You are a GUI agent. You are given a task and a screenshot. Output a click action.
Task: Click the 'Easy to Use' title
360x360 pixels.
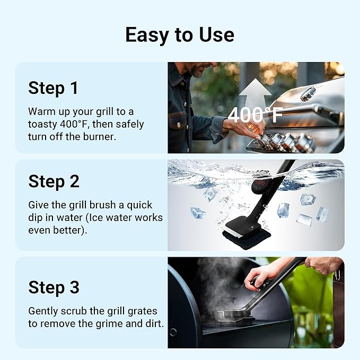(x=180, y=34)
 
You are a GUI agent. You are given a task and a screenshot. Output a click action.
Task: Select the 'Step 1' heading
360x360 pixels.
(x=54, y=88)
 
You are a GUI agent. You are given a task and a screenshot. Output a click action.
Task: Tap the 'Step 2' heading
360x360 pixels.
(x=54, y=181)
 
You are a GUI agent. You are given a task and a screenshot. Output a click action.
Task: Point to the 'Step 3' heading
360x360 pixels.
(x=54, y=287)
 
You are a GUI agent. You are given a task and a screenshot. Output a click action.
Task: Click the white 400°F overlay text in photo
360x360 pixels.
(x=256, y=115)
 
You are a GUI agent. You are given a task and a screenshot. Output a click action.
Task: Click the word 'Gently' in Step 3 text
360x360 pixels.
(x=44, y=311)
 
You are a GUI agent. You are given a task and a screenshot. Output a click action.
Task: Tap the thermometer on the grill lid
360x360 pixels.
(x=308, y=94)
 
